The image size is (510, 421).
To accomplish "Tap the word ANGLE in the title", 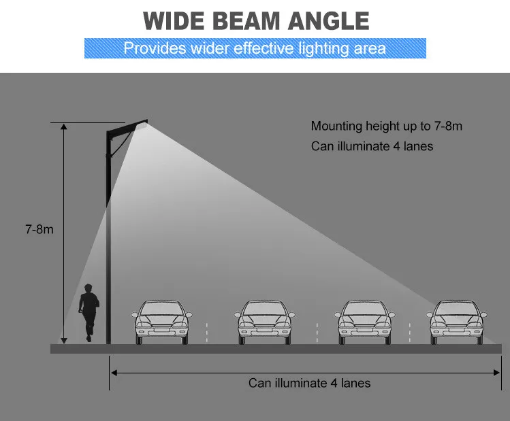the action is [x=328, y=21].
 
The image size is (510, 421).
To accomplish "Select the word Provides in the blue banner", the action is [x=155, y=48].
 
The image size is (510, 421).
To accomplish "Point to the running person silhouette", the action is [x=89, y=312].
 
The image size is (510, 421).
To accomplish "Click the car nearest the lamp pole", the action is [x=161, y=322].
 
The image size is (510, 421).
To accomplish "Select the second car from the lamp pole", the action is [x=264, y=322].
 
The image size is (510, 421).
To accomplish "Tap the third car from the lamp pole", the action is [x=364, y=322].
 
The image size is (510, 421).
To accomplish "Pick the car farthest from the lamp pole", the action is [x=456, y=322].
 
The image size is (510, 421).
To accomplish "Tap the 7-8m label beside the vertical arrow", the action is [x=39, y=229].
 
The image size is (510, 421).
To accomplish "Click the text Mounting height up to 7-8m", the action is [x=386, y=126].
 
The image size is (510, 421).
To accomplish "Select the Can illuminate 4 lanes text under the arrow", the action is [x=309, y=383].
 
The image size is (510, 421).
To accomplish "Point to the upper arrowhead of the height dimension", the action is [x=64, y=127].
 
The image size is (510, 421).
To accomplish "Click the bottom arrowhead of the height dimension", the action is [x=64, y=341].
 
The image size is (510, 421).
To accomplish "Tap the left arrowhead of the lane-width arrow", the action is [x=114, y=373].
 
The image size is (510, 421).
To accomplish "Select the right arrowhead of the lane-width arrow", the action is [x=496, y=373].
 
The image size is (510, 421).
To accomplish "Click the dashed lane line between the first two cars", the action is [x=206, y=333].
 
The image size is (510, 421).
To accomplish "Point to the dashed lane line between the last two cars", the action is [x=409, y=333].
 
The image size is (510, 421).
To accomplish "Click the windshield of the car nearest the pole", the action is [x=161, y=309].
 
